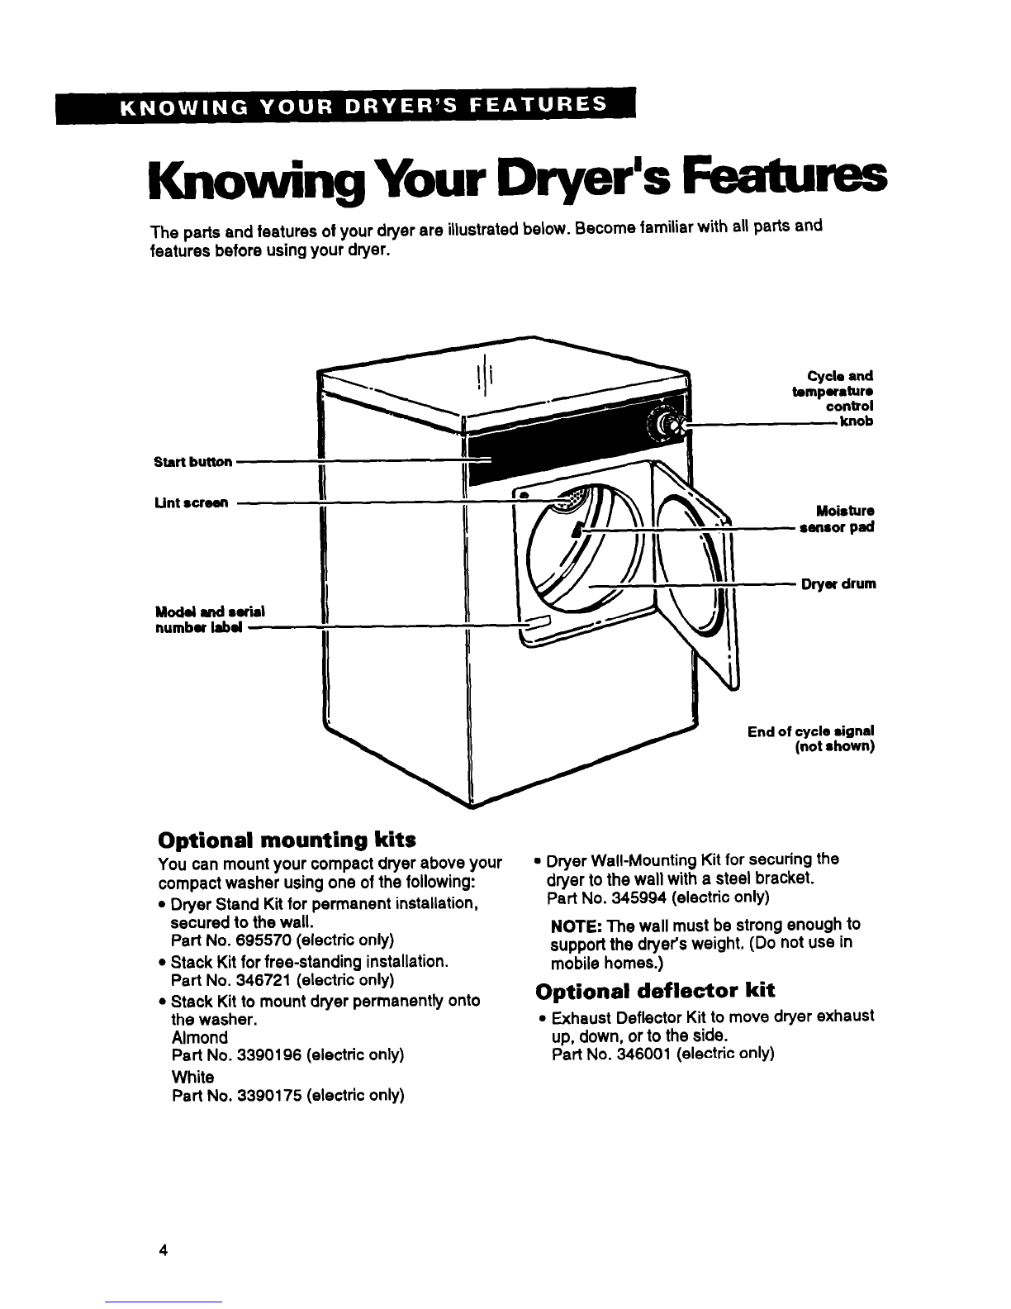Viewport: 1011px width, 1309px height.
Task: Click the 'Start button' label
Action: [x=192, y=462]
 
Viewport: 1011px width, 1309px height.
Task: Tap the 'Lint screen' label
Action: [x=192, y=502]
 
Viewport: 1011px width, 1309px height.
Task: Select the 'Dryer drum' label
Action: [x=838, y=583]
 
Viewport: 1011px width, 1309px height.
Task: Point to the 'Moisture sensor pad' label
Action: [x=837, y=519]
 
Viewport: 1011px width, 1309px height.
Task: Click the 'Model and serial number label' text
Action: [x=210, y=619]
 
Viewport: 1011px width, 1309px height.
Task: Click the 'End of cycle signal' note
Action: [x=811, y=739]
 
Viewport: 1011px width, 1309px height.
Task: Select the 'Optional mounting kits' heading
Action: [x=287, y=839]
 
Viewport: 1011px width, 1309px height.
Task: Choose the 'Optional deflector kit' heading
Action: [x=655, y=990]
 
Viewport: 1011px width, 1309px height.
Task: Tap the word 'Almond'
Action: [x=200, y=1037]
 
